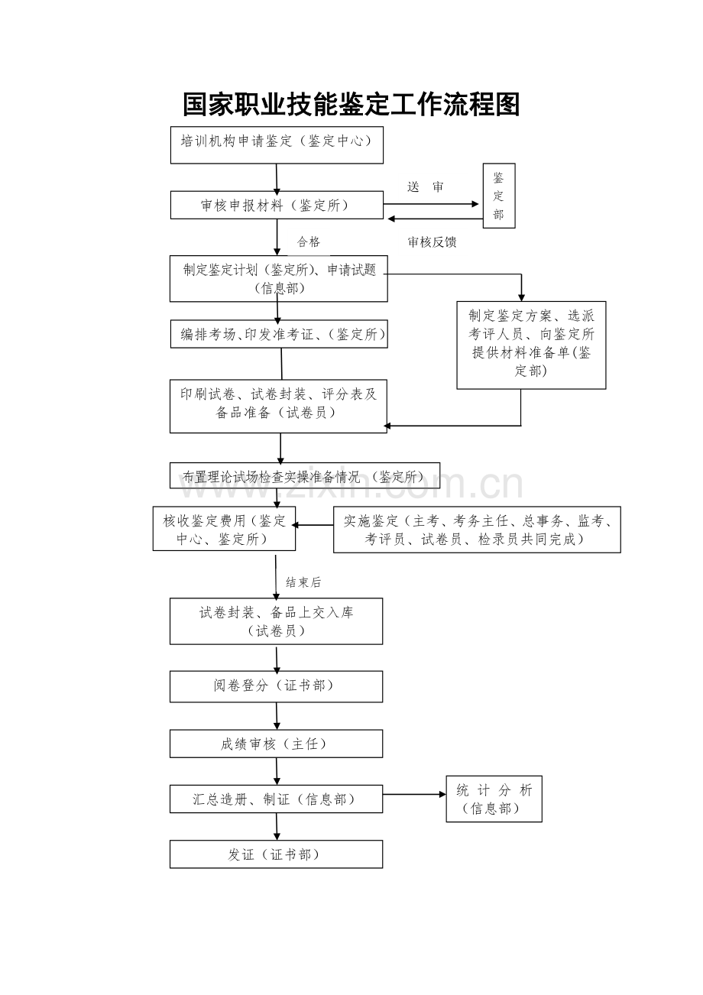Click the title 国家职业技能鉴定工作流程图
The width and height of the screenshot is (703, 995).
[x=351, y=105]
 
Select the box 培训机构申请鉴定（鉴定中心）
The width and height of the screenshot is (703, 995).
[x=277, y=144]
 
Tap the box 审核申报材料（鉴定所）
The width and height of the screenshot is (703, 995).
[x=277, y=205]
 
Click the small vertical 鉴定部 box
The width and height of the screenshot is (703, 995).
[x=499, y=196]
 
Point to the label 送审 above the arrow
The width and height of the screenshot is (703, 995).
[x=425, y=187]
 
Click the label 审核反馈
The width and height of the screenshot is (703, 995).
[x=432, y=242]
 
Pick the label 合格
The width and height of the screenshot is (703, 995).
[x=308, y=242]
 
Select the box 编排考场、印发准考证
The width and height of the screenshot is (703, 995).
[x=279, y=334]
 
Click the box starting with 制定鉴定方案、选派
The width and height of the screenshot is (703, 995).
[x=531, y=345]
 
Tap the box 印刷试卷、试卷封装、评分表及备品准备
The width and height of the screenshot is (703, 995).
[x=278, y=406]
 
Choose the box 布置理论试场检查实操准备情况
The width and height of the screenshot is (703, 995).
[x=305, y=475]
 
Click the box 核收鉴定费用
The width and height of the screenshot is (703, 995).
[x=224, y=529]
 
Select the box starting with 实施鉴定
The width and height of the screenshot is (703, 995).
[x=477, y=530]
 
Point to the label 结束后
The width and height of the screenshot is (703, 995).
[x=303, y=582]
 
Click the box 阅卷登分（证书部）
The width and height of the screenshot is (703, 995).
[x=276, y=686]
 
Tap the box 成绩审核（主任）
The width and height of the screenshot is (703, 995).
[x=276, y=744]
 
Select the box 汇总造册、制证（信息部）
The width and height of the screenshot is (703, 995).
[x=276, y=799]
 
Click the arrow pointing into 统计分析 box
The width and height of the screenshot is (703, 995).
[x=414, y=794]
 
